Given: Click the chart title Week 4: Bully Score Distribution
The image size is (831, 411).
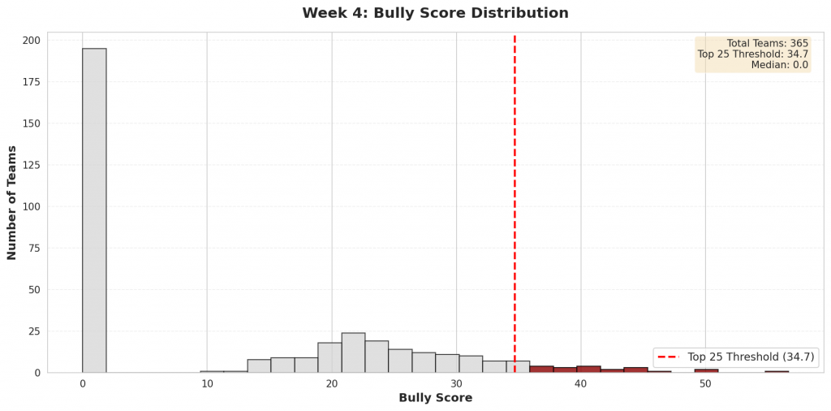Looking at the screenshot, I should pyautogui.click(x=435, y=14).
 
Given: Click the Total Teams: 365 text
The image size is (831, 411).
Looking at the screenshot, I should pyautogui.click(x=767, y=44).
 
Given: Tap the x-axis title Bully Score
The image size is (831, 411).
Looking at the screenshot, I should pyautogui.click(x=435, y=398).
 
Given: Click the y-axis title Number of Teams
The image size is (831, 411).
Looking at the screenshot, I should pyautogui.click(x=12, y=202).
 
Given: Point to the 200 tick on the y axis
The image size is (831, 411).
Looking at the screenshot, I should pyautogui.click(x=32, y=41).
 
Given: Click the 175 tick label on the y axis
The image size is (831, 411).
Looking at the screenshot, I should pyautogui.click(x=32, y=82).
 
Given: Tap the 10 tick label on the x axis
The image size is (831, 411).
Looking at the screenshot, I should pyautogui.click(x=207, y=383).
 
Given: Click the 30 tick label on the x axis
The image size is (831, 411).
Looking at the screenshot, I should pyautogui.click(x=456, y=383).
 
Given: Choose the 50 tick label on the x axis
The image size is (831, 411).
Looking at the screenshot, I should pyautogui.click(x=705, y=383).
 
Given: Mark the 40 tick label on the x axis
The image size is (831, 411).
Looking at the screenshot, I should pyautogui.click(x=580, y=383).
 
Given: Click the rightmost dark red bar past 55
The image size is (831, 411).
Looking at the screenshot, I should pyautogui.click(x=777, y=371).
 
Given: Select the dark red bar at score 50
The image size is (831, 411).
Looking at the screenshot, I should pyautogui.click(x=706, y=370).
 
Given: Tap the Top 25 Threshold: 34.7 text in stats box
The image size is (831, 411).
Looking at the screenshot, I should pyautogui.click(x=752, y=54).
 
